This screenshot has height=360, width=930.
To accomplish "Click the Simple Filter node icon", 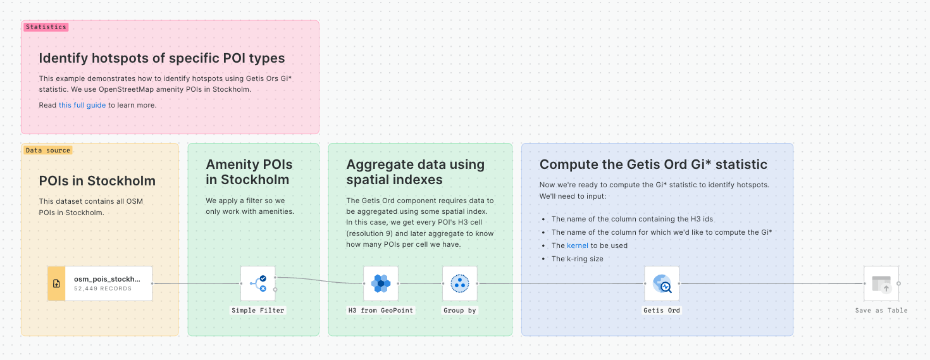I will click(x=258, y=283).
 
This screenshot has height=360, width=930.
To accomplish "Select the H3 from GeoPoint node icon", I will click(x=381, y=283).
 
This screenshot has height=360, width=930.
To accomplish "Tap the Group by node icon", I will click(x=459, y=283).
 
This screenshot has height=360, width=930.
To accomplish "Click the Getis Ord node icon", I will click(x=662, y=283).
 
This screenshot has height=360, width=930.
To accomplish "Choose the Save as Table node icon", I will click(x=881, y=283).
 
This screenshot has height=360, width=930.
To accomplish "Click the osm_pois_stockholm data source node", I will click(x=108, y=283).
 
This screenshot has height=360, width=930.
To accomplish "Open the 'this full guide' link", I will click(x=82, y=105).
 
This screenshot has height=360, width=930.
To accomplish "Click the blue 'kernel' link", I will click(x=578, y=245).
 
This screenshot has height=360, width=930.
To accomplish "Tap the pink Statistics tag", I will click(x=46, y=27).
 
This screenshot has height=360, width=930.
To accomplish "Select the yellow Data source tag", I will click(x=48, y=151).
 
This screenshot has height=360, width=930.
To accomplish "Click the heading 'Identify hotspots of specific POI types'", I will click(x=162, y=58).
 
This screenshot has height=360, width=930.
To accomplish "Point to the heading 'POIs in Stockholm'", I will click(x=97, y=181).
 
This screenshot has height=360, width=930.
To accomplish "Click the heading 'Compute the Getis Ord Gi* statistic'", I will click(x=653, y=164).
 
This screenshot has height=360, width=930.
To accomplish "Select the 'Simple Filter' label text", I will click(x=258, y=311).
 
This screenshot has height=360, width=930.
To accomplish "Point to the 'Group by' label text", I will click(x=459, y=311).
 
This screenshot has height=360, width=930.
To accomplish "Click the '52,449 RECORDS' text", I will click(x=103, y=289).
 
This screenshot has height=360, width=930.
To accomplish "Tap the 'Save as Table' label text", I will click(x=881, y=311).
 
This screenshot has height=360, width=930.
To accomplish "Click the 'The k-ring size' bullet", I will click(x=577, y=259).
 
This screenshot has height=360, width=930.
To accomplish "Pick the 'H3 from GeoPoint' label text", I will click(x=381, y=311).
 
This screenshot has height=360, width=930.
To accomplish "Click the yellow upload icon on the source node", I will click(x=56, y=283).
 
